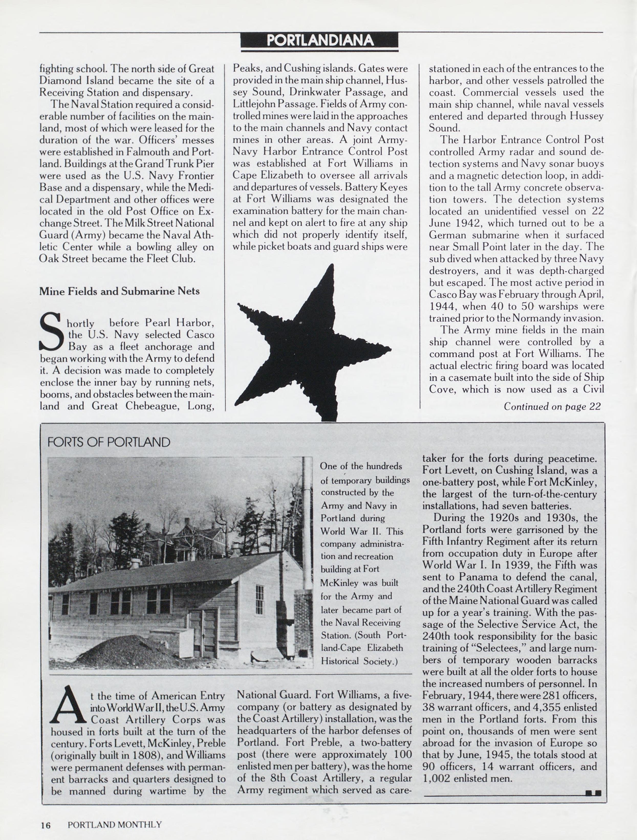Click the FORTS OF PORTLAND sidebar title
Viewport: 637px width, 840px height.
click(108, 442)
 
